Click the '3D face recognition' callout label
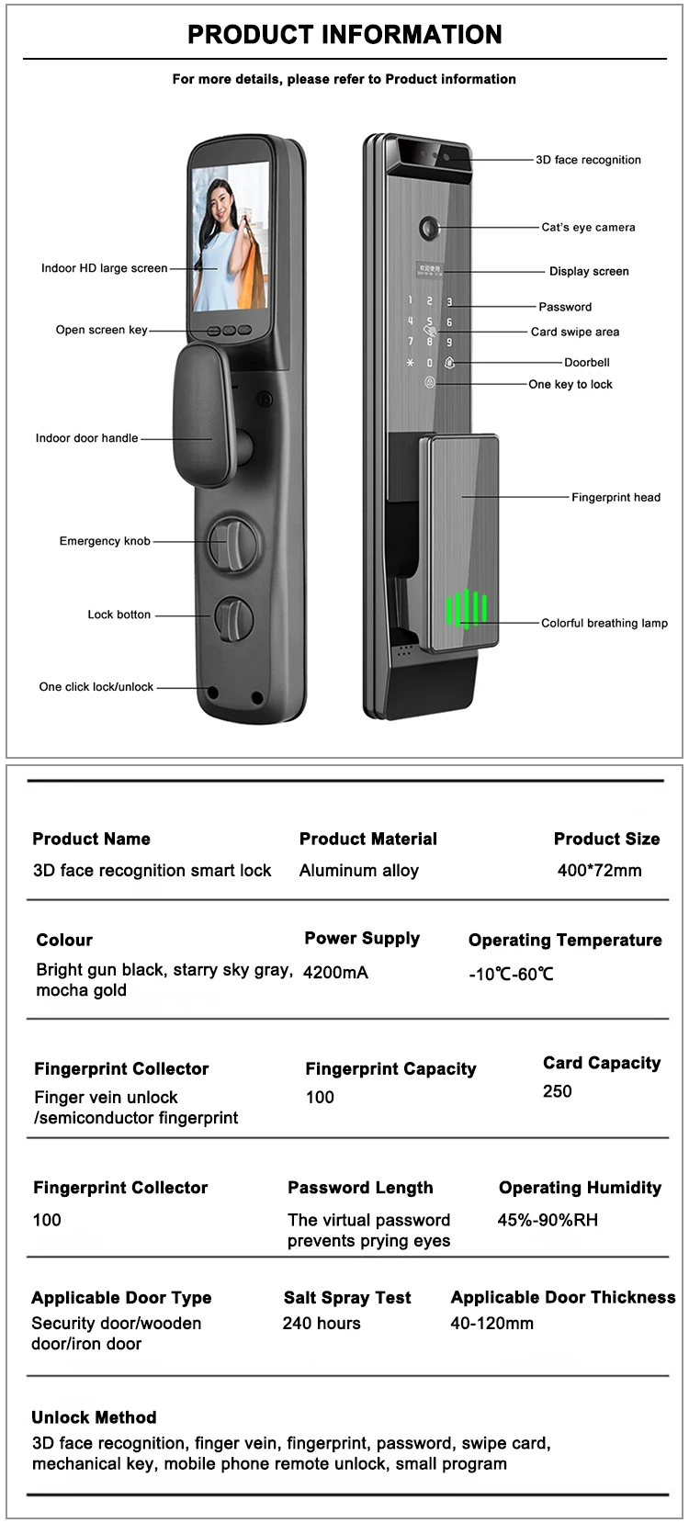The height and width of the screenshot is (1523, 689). point(588,160)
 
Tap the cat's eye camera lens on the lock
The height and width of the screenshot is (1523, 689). point(429,227)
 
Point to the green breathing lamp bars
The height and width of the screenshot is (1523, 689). point(467,608)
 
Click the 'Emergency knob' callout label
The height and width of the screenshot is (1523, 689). point(105,541)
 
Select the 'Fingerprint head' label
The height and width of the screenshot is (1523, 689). point(616,498)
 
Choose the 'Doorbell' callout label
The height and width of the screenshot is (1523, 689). point(586,363)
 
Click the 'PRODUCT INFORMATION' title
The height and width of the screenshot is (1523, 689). point(344,35)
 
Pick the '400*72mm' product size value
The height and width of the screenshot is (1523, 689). point(599,871)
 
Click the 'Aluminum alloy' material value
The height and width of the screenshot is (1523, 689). point(358,871)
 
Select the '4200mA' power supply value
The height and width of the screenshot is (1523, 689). point(335,972)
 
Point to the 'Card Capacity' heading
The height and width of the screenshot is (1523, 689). point(602,1063)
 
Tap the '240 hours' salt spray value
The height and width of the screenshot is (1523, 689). point(322,1324)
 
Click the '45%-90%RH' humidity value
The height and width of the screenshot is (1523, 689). point(548,1220)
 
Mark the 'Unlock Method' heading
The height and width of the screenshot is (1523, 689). point(94,1417)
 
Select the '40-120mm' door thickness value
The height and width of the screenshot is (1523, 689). point(491,1324)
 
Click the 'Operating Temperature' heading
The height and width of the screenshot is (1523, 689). point(565,940)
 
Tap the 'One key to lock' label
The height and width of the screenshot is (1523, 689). point(570,385)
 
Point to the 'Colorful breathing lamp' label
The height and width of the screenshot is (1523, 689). point(604,623)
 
